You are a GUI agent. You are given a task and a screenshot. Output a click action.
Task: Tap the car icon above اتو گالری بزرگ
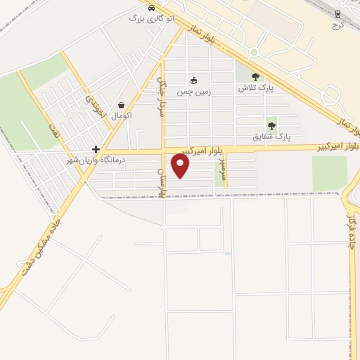151,8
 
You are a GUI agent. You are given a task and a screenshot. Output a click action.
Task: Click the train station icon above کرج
337,13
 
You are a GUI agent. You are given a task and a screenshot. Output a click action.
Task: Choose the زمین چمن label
194,91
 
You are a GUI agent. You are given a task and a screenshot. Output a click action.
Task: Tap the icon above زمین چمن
194,79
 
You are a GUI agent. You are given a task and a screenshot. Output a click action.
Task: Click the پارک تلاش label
255,89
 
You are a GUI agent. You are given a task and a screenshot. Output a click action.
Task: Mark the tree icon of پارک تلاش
255,77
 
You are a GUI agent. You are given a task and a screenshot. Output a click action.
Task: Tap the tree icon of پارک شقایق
271,125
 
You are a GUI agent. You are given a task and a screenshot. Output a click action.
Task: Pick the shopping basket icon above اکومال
121,105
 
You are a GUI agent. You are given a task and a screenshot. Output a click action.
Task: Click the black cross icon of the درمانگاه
96,150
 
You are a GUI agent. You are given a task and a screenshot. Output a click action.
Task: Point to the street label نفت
52,131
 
